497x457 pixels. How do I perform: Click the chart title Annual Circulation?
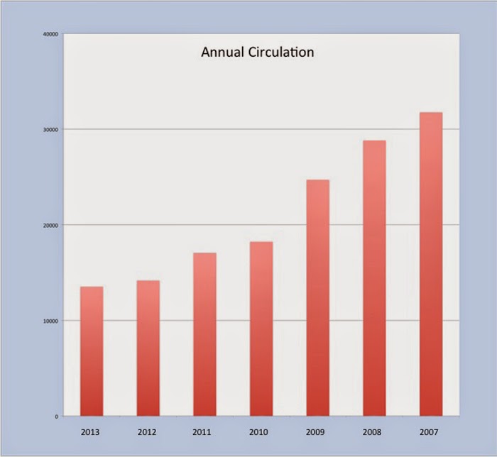point(257,53)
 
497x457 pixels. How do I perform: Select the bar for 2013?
point(92,351)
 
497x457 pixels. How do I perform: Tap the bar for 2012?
point(148,348)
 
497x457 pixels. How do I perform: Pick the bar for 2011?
point(204,334)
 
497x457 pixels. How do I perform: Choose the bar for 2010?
point(261,329)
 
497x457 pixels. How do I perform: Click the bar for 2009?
point(318,298)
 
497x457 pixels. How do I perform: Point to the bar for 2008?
point(375,278)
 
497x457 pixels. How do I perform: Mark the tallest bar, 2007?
point(431,264)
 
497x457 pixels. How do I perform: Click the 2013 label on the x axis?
point(90,432)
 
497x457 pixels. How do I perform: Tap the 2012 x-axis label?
point(147,432)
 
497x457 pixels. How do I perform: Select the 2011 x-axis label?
point(202,432)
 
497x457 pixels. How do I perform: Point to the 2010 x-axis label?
point(258,432)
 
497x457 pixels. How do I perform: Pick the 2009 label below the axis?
point(315,432)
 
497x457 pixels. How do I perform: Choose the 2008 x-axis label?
point(372,432)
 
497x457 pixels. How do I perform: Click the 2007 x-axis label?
point(429,432)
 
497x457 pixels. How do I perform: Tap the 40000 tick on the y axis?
point(50,34)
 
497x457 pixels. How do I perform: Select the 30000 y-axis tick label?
point(50,130)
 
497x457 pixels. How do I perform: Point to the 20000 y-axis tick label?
point(50,226)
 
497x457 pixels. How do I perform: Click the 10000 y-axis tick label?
point(50,321)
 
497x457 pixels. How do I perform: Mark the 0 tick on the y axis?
point(56,417)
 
